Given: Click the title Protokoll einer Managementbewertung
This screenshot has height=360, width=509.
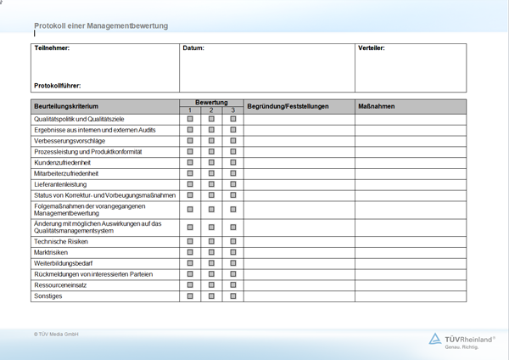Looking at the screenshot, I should coord(101,26).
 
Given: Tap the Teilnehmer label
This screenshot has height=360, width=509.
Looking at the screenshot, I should coord(52,48).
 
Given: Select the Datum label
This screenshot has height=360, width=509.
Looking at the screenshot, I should coord(193,48).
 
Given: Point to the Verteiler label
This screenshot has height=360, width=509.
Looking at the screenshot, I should coord(371,48).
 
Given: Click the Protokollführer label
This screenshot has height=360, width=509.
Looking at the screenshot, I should coord(58,85).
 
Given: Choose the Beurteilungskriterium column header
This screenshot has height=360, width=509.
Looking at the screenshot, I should coord(71,106).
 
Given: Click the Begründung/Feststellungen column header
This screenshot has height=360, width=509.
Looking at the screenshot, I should coord(288,106).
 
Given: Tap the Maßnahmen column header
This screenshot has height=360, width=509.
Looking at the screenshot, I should coord(377,106).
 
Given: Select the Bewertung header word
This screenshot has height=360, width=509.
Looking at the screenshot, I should coord(211,103).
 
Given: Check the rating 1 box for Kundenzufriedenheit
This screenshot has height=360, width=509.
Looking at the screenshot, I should coord(190,162).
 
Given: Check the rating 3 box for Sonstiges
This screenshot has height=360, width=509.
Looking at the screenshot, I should coord(233,296).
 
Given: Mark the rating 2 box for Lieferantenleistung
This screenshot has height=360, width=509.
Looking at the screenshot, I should coord(211,184).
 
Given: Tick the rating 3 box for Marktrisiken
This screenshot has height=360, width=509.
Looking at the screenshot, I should coord(233,252).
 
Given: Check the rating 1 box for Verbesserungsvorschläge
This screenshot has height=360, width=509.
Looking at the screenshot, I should coord(190,141).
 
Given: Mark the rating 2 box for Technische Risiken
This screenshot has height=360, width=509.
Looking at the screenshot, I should coord(211,241).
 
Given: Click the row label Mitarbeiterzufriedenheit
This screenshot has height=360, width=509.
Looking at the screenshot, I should coord(72,173).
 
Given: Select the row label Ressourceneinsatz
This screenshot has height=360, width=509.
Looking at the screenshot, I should coord(60,285).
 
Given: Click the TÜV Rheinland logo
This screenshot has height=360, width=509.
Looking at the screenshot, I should coord(461,340).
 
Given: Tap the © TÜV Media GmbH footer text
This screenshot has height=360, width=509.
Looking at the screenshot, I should coord(56,335).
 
